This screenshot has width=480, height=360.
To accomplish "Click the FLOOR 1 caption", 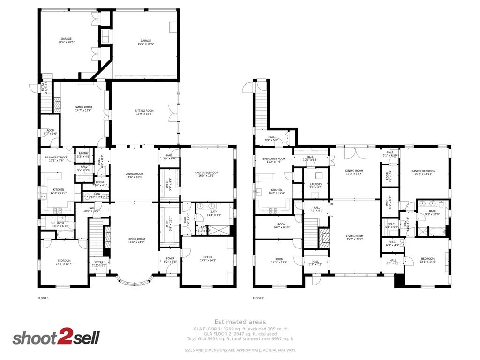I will coord(43,298).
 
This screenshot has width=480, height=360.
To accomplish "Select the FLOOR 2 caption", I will coord(258,298).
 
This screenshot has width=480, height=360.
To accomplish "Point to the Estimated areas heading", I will coord(240,322).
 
